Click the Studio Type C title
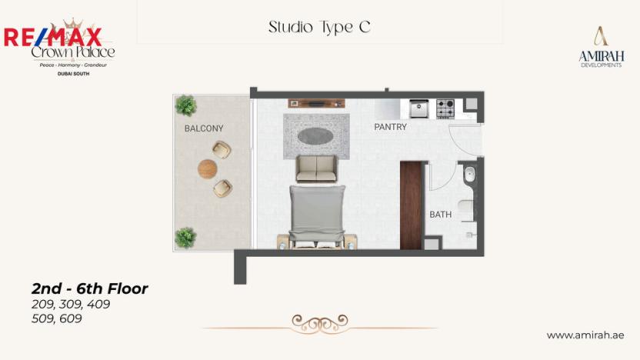click(x=319, y=27)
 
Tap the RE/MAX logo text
click(x=52, y=36)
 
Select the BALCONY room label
click(x=203, y=128)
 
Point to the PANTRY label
click(x=390, y=127)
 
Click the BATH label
click(x=440, y=215)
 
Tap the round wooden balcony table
click(x=208, y=168)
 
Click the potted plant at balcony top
click(x=185, y=105)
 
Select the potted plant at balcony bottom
click(x=185, y=237)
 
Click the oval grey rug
click(x=315, y=135)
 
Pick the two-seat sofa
click(x=316, y=168)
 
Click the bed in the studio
click(x=316, y=216)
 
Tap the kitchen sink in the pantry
click(x=418, y=109)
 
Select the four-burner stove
click(x=445, y=109)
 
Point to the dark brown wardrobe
click(x=411, y=205)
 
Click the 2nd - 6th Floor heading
click(x=89, y=289)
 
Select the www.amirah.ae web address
click(x=585, y=335)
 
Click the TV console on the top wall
click(x=316, y=103)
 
